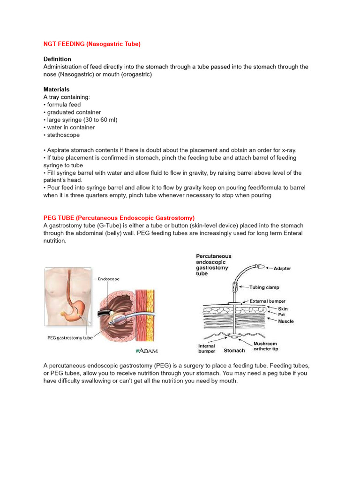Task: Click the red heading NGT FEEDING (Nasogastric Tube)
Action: tap(92, 44)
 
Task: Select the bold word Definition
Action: tap(57, 59)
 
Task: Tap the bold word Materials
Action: tap(56, 89)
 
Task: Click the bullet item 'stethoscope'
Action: tap(63, 135)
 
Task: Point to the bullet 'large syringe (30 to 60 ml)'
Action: tap(82, 120)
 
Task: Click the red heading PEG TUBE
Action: tap(119, 218)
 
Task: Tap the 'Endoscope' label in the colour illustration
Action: tap(108, 279)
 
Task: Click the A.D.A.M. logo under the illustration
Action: tap(147, 351)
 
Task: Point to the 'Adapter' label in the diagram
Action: tap(282, 269)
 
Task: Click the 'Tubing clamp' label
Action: tap(265, 288)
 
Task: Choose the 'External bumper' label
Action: tap(267, 301)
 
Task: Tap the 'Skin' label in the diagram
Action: tap(283, 309)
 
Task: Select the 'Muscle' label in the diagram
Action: tap(286, 321)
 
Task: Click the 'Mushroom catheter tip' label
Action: tap(266, 346)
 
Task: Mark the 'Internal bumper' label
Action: tap(207, 349)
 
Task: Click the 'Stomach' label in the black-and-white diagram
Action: tap(234, 351)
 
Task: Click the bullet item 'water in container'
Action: tap(70, 127)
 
